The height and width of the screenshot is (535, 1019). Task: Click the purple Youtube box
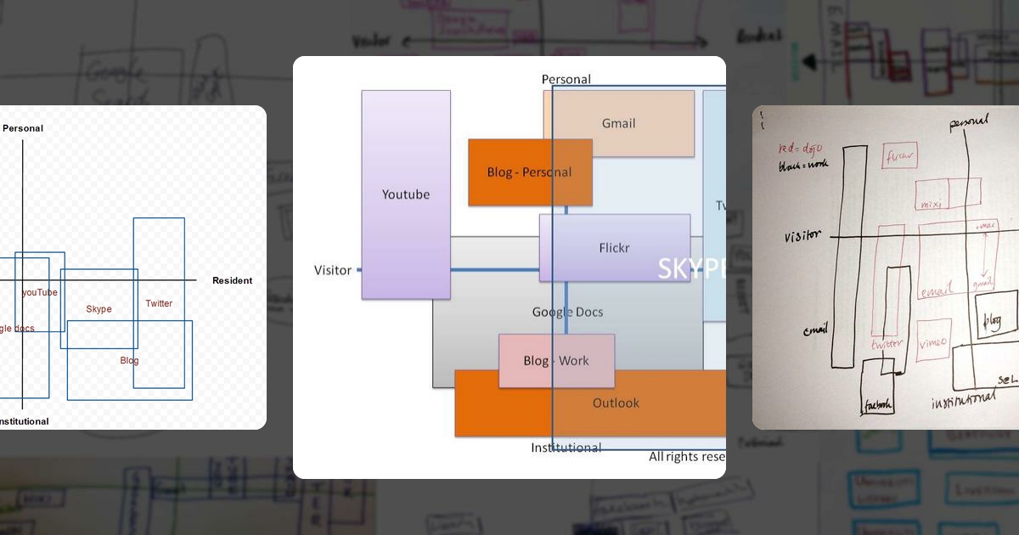click(406, 194)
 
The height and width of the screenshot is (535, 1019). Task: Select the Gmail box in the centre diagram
click(618, 123)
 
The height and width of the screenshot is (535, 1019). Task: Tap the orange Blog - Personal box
click(529, 172)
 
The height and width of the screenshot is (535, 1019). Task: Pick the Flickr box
click(614, 248)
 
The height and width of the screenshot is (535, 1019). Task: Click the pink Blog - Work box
click(556, 360)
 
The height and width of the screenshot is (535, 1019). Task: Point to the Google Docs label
click(567, 312)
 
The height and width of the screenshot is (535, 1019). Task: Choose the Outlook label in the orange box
click(616, 403)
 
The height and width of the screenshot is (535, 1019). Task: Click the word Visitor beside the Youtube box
click(333, 270)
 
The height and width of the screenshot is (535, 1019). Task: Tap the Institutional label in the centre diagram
click(566, 448)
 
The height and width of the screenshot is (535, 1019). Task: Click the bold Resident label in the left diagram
click(232, 280)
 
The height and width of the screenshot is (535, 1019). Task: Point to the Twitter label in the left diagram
click(159, 303)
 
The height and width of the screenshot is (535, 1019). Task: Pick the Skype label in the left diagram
click(99, 309)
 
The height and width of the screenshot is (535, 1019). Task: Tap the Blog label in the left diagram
click(129, 360)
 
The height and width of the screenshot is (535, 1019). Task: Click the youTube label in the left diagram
click(40, 292)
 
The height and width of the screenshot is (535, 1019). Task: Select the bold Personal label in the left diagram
click(23, 128)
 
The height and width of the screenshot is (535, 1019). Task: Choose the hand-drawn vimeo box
click(933, 341)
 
